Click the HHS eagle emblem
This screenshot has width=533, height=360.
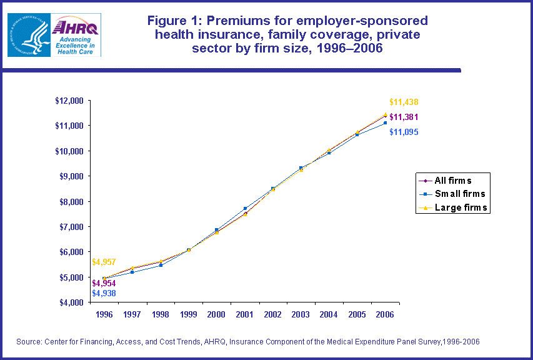[29, 35]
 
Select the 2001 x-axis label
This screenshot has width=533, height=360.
[245, 314]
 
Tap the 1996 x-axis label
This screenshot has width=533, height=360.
[104, 314]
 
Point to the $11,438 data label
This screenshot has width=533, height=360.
[403, 102]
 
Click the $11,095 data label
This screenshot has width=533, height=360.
[403, 132]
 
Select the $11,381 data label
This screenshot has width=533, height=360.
[404, 117]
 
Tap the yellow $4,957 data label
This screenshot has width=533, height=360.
[104, 262]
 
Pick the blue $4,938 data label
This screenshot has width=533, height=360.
[104, 293]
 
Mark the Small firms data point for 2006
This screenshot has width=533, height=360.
[386, 123]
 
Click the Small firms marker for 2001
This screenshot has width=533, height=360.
[245, 209]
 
